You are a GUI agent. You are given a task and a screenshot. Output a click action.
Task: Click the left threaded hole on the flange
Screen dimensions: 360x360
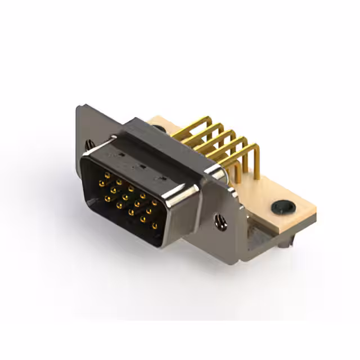pos(89,144)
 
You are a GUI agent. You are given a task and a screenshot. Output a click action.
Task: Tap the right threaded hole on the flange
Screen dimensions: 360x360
pos(219,223)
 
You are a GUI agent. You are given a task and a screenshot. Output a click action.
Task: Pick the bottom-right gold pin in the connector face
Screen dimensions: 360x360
pos(155,226)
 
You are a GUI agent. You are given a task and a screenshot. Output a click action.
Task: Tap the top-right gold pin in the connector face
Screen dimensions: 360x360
pos(154,201)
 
